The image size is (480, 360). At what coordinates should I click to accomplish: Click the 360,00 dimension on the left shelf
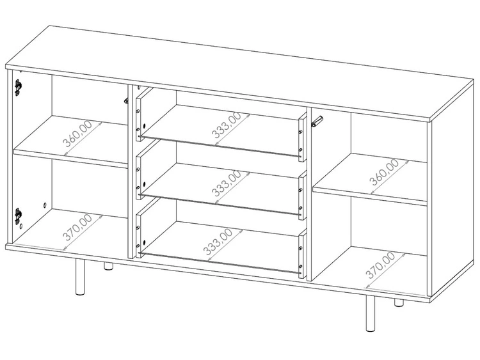77,134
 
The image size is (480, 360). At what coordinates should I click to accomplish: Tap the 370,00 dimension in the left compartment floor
77,227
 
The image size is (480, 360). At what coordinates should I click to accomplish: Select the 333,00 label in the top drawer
226,125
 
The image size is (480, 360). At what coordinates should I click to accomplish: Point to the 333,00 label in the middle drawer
226,184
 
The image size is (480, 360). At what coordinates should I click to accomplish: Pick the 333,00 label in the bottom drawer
218,242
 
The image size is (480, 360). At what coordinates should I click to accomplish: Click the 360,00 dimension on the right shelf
384,173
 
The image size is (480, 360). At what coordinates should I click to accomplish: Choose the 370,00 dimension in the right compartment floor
380,265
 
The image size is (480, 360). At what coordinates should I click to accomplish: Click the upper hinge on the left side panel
18,87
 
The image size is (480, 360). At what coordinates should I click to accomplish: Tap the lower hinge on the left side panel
18,215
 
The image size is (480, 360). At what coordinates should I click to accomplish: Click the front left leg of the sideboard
80,277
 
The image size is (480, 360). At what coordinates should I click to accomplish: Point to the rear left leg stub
108,266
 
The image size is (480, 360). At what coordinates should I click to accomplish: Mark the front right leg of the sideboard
371,313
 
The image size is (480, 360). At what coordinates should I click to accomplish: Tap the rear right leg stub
399,302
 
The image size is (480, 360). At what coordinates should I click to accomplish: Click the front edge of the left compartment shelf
70,158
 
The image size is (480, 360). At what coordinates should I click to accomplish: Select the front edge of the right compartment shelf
370,196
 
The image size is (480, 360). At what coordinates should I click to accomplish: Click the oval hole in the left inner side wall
45,205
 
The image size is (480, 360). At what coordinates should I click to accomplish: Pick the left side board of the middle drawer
140,176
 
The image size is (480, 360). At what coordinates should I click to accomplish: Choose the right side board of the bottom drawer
303,254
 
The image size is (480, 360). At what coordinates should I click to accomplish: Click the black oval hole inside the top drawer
144,126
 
